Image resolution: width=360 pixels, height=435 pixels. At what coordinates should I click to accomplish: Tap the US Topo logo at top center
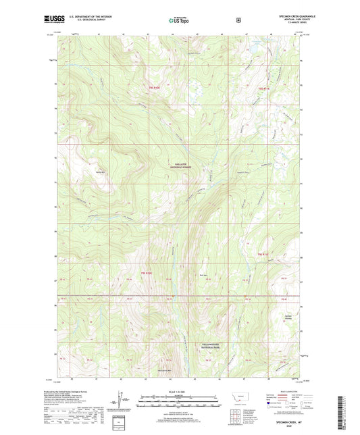tap(179, 21)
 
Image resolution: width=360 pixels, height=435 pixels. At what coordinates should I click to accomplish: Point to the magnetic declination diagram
tap(122, 401)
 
